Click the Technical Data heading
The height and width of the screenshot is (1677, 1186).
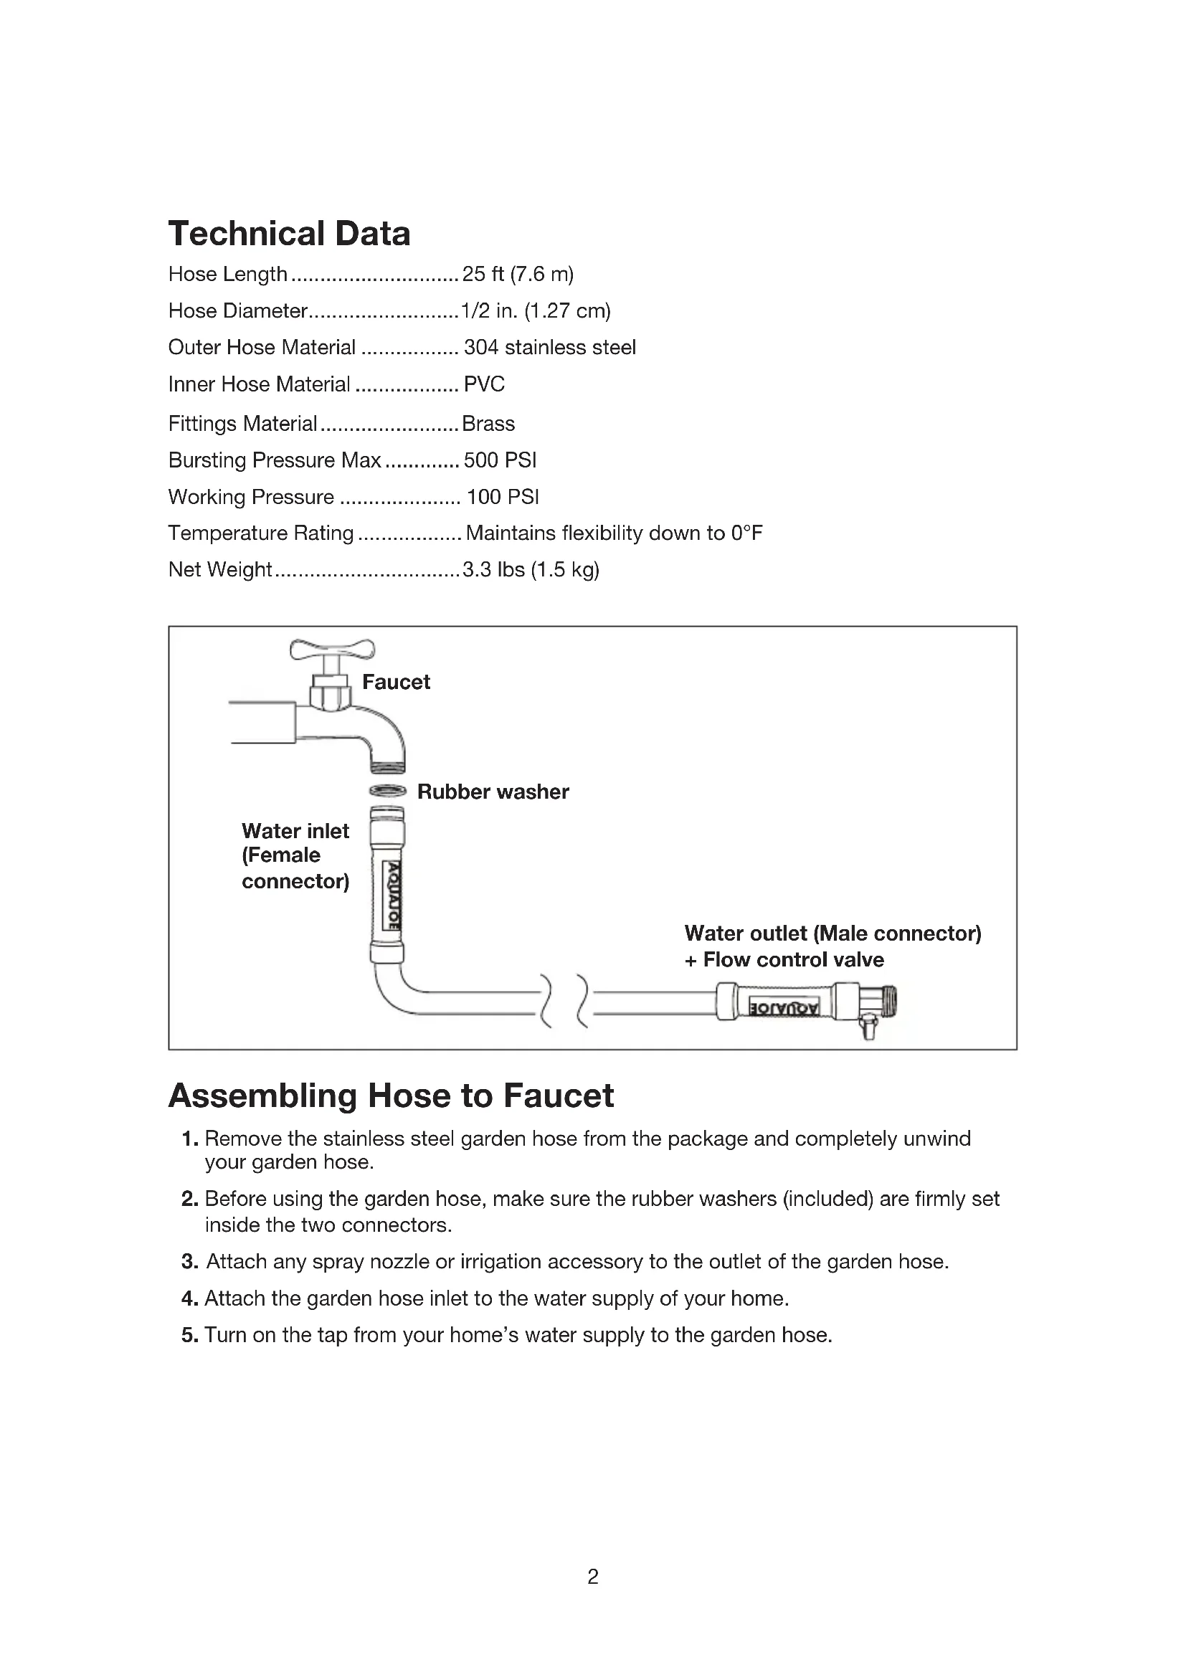click(x=289, y=234)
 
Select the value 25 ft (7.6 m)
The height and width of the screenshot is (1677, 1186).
click(x=518, y=274)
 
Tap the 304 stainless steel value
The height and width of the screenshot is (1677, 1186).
click(x=549, y=347)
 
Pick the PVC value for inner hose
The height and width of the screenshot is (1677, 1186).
click(x=484, y=384)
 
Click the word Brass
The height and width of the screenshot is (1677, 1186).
click(x=488, y=424)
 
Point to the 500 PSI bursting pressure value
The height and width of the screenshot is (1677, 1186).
click(x=501, y=460)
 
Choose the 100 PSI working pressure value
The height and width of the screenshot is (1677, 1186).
click(x=503, y=497)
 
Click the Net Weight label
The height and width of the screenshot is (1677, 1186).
click(x=220, y=569)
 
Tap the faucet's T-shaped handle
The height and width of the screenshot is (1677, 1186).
click(x=332, y=649)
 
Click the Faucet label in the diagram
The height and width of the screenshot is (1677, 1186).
click(x=396, y=682)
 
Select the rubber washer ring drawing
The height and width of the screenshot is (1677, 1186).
click(x=387, y=790)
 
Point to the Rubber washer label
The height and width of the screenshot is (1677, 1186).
click(x=493, y=792)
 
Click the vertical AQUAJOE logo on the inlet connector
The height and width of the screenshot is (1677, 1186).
click(x=393, y=895)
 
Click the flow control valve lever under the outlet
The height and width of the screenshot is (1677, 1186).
click(x=868, y=1025)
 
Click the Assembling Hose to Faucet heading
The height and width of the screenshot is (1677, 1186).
click(x=391, y=1096)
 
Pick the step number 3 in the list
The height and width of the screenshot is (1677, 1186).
click(x=190, y=1261)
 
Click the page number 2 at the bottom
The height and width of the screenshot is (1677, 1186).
click(x=593, y=1577)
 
